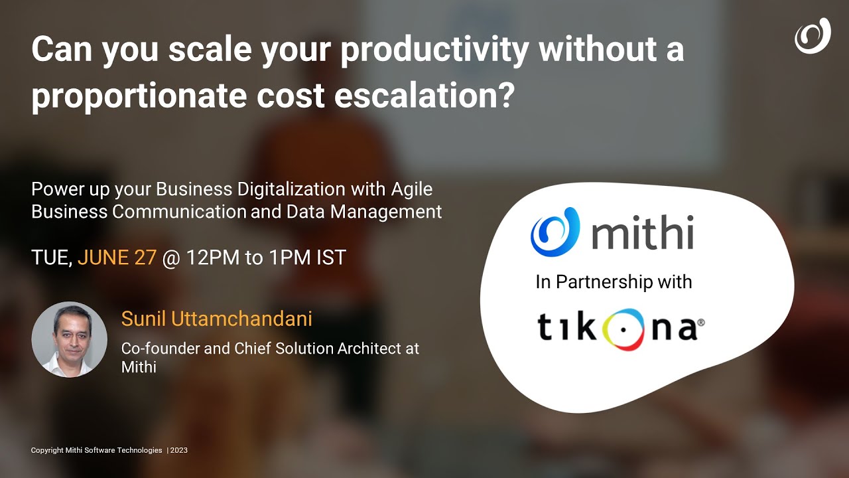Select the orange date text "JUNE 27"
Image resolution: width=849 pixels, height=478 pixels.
(x=117, y=258)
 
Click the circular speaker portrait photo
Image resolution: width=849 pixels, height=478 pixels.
(x=69, y=339)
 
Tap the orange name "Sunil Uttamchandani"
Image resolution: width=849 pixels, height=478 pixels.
(x=216, y=319)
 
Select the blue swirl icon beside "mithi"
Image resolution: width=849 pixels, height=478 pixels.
(x=555, y=232)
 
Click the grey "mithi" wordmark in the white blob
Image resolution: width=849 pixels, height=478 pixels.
(x=642, y=233)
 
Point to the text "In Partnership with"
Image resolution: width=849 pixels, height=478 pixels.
(x=614, y=281)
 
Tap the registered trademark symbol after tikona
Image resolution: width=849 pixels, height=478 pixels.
(x=700, y=323)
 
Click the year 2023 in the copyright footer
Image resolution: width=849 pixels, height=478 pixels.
(x=179, y=450)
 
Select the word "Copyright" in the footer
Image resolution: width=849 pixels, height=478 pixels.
(x=46, y=450)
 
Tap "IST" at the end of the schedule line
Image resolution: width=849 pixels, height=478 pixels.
(x=330, y=258)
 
